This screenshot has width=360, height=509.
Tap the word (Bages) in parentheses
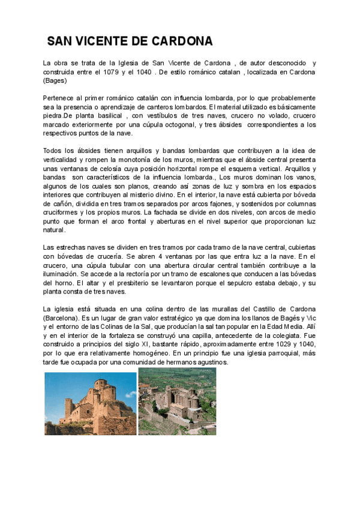55,80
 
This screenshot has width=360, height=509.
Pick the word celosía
118,168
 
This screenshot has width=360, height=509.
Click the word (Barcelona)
62,319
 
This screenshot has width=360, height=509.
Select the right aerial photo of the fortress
177,401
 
